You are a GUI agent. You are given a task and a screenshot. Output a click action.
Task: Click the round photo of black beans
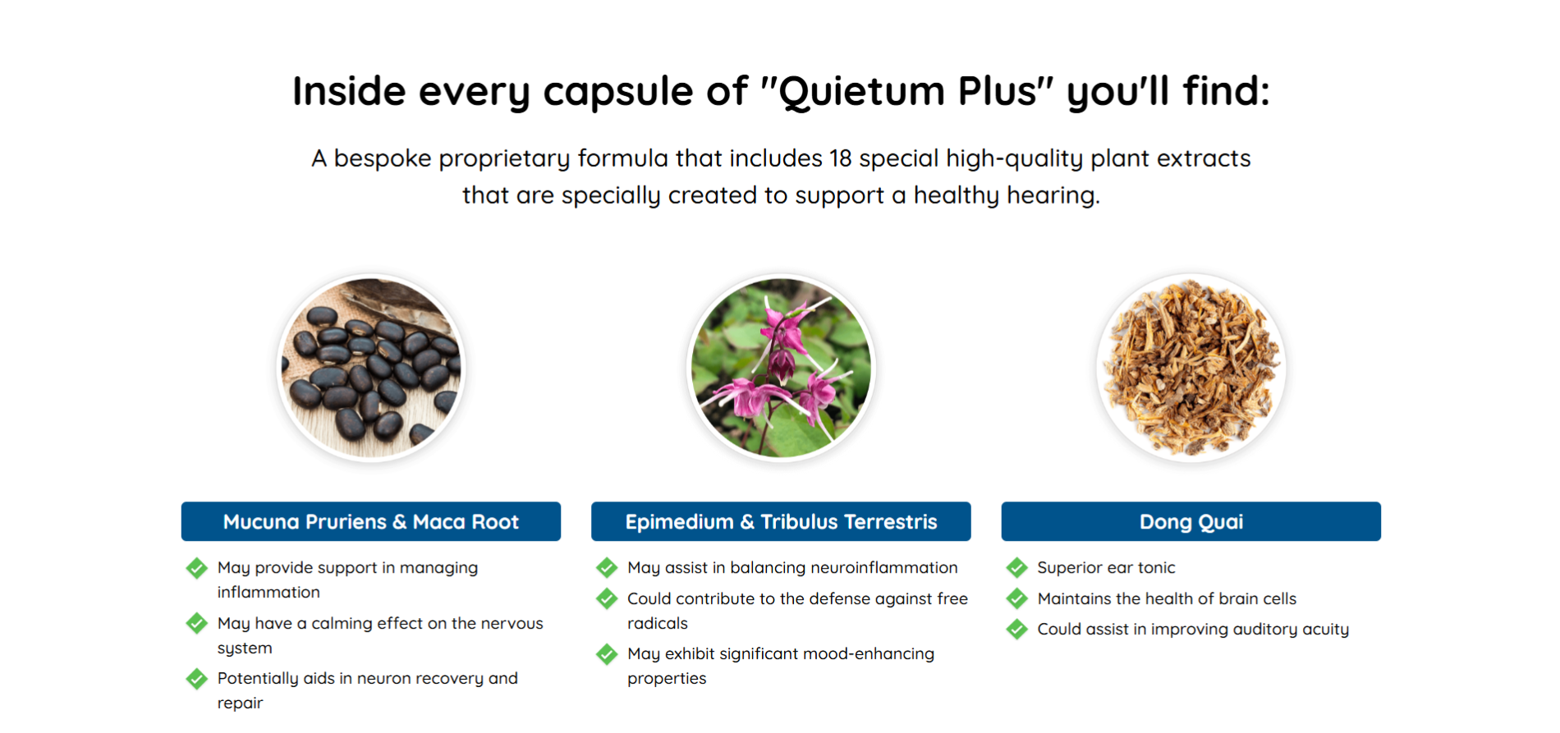point(371,368)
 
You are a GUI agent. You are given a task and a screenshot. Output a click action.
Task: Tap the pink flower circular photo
point(781,368)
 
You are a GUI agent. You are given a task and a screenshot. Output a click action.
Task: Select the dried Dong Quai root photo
point(1191,368)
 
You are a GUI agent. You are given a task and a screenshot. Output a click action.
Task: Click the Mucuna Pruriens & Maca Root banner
point(371,521)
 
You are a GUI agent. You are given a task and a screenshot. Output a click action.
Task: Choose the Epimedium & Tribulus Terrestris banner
point(781,521)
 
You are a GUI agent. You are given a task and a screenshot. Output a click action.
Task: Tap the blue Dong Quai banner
point(1191,521)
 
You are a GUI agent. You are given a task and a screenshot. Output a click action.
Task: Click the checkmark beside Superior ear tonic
point(1017,567)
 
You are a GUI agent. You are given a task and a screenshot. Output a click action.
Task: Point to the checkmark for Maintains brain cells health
point(1017,598)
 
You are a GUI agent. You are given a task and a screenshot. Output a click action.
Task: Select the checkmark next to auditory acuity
point(1017,629)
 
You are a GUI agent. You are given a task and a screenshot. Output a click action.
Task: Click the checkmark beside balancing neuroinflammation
point(607,567)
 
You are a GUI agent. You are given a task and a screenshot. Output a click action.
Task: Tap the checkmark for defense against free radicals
point(607,598)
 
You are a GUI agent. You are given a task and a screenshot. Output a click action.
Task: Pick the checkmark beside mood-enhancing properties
point(607,653)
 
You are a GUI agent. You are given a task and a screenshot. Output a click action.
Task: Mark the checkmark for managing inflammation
point(197,567)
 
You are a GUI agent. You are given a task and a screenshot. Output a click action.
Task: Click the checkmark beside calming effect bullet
point(197,623)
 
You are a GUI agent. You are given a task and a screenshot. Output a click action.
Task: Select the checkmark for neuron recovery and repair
point(197,678)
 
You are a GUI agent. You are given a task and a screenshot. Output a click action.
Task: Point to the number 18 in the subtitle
point(841,158)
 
